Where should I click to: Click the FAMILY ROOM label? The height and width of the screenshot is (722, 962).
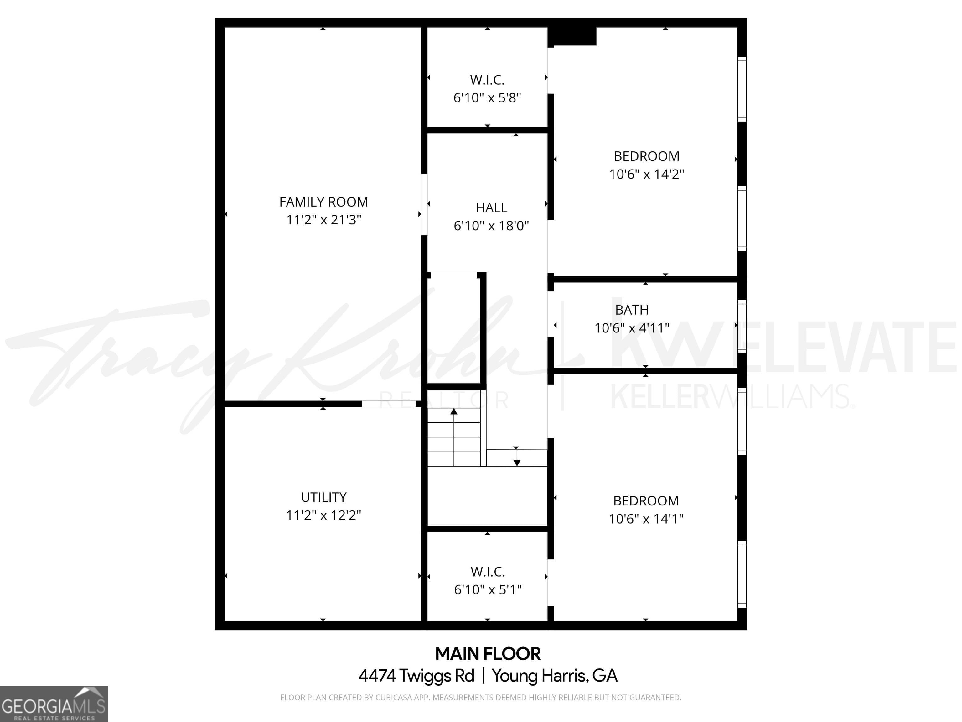[323, 202]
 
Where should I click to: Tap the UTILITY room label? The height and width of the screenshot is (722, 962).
[323, 497]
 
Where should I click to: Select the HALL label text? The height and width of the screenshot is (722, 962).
[491, 207]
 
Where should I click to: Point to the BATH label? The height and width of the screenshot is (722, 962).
[632, 310]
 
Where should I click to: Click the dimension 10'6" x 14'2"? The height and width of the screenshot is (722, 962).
[646, 174]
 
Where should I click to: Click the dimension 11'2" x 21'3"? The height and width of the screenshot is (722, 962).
[323, 220]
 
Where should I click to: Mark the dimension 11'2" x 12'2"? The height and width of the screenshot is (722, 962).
[323, 515]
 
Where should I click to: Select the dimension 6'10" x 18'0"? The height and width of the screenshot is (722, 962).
[491, 226]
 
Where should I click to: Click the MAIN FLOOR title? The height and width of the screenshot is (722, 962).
[488, 654]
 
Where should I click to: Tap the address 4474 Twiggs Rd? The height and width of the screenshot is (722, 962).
[416, 675]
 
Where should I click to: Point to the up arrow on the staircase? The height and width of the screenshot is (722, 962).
[454, 412]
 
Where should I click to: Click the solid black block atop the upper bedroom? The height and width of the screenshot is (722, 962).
[572, 36]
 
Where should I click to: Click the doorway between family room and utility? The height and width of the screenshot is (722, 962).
[388, 404]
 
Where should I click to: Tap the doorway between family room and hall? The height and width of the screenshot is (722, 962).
[424, 205]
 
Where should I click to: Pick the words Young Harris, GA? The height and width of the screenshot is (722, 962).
[555, 675]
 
